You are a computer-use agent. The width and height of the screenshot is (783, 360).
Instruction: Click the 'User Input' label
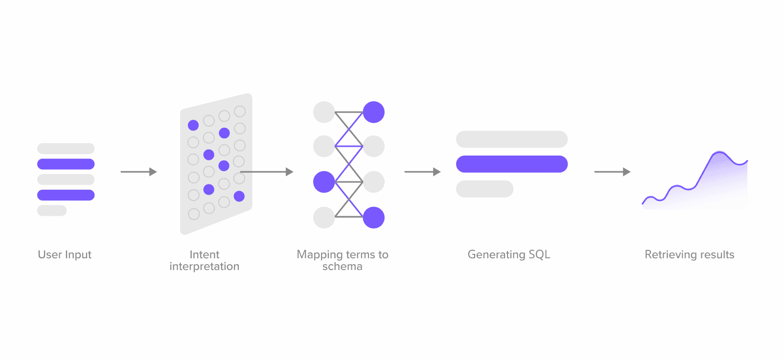pos(65,254)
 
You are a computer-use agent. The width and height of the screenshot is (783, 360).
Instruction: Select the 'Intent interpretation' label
pos(205,260)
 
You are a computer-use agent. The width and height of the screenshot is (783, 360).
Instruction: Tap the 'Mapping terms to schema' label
pos(343,260)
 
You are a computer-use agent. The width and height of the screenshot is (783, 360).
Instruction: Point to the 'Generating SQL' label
pos(509,254)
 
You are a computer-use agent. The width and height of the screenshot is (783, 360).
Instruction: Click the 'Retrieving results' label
pos(690,254)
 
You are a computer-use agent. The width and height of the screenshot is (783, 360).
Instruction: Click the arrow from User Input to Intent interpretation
pos(138,172)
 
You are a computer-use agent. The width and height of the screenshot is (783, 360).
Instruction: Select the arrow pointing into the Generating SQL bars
pos(422,172)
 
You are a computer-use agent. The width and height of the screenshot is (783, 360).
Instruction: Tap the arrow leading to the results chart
pos(612,172)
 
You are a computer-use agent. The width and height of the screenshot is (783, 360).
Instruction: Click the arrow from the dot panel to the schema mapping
pos(267,172)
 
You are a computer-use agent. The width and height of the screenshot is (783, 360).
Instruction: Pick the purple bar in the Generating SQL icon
pos(512,164)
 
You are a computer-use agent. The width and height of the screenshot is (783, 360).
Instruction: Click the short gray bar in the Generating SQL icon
pos(484,189)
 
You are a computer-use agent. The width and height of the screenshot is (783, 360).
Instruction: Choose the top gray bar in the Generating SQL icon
pos(512,139)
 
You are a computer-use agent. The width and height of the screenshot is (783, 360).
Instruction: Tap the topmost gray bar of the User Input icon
pos(66,148)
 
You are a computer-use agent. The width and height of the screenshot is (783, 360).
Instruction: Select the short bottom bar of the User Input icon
pos(52,210)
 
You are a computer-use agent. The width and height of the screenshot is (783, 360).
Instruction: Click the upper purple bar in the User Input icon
pos(66,164)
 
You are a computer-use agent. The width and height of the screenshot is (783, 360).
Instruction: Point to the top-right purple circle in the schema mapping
pos(373,112)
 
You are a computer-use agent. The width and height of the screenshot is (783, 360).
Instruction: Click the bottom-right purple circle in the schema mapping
pos(373,218)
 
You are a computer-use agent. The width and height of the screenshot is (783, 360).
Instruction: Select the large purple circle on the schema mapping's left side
pos(324,182)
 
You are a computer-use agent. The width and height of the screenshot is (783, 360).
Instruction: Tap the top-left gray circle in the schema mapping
pos(324,112)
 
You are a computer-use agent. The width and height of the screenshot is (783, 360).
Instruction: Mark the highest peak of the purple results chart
pos(719,153)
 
